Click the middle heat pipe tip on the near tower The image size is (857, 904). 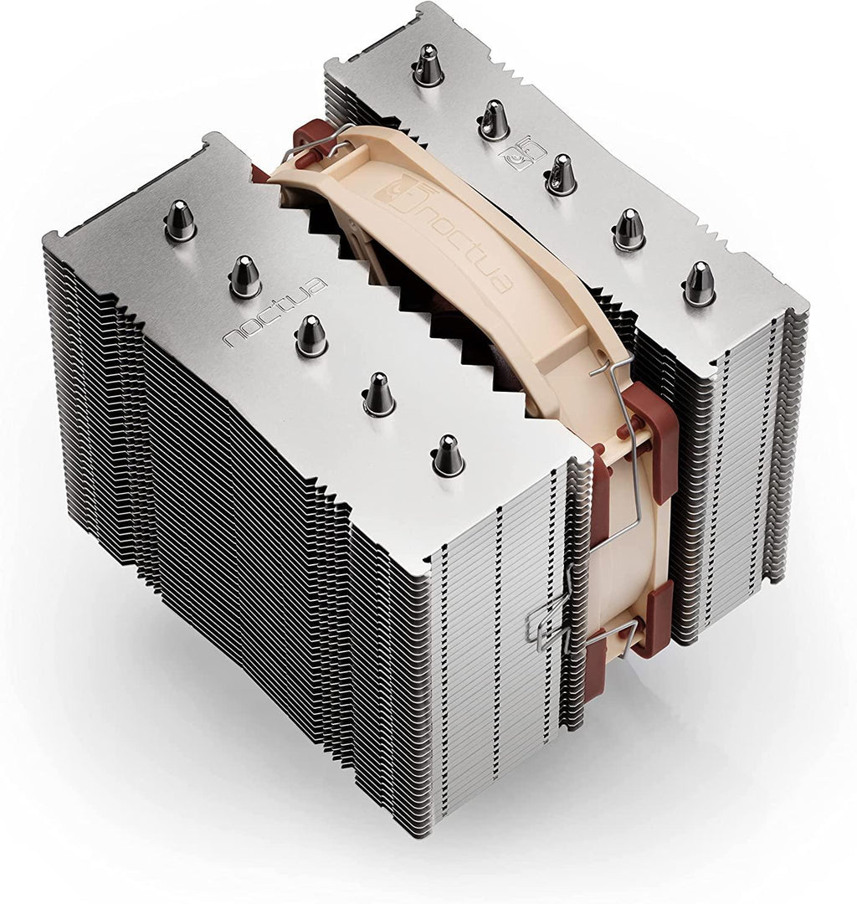(x=310, y=336)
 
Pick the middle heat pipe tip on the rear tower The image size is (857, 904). (x=561, y=176)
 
